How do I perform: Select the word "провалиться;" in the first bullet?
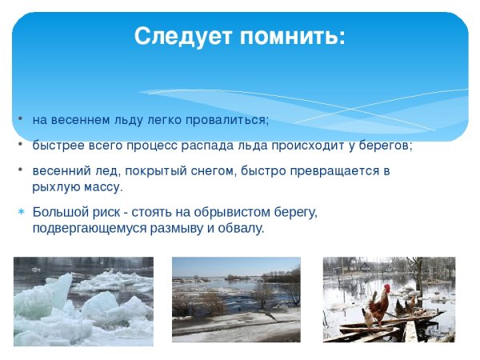coord(230,120)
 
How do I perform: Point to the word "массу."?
coord(100,187)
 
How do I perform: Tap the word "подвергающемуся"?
coord(83,228)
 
